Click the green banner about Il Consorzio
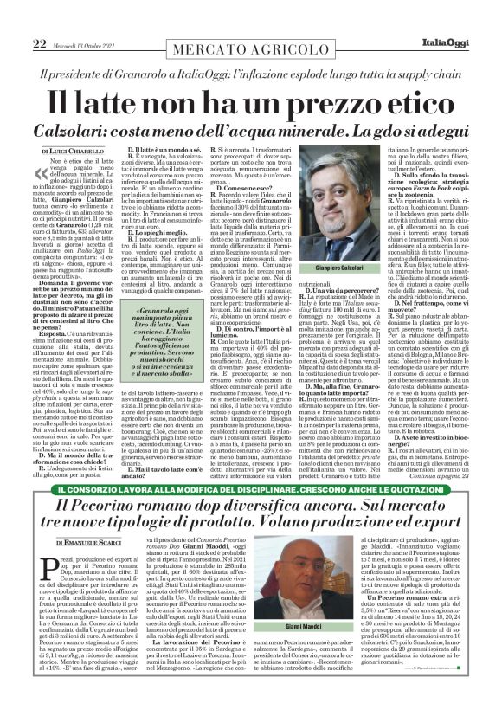click(x=250, y=492)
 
